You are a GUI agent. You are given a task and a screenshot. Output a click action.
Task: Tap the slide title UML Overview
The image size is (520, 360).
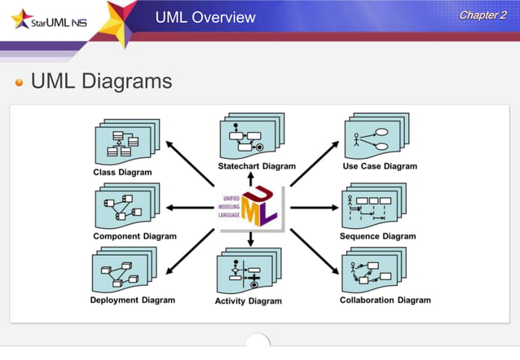pos(205,17)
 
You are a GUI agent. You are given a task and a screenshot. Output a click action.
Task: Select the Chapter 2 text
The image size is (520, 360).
pos(483,15)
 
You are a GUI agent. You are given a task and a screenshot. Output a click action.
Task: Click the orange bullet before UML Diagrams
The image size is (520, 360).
pos(19,83)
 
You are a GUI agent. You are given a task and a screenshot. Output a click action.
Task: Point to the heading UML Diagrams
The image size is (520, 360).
pos(101,81)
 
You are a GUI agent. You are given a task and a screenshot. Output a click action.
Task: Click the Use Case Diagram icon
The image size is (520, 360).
pos(376,137)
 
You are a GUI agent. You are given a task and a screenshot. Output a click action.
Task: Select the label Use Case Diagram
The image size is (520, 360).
pos(380,166)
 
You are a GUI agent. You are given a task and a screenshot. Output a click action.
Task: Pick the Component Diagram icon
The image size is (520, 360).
pos(127,207)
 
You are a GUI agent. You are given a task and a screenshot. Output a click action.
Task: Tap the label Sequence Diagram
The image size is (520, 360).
pos(377,236)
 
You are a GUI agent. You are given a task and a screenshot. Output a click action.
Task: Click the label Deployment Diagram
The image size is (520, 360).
pos(133,300)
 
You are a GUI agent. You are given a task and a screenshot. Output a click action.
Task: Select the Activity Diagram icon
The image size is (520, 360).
pos(248,272)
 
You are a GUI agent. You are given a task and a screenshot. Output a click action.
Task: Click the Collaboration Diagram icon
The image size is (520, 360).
pos(373,271)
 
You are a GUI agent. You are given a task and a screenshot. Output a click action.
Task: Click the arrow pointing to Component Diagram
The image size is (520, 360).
pos(189,208)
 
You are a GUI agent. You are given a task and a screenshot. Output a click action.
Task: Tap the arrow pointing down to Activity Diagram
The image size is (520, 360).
pos(251,239)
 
